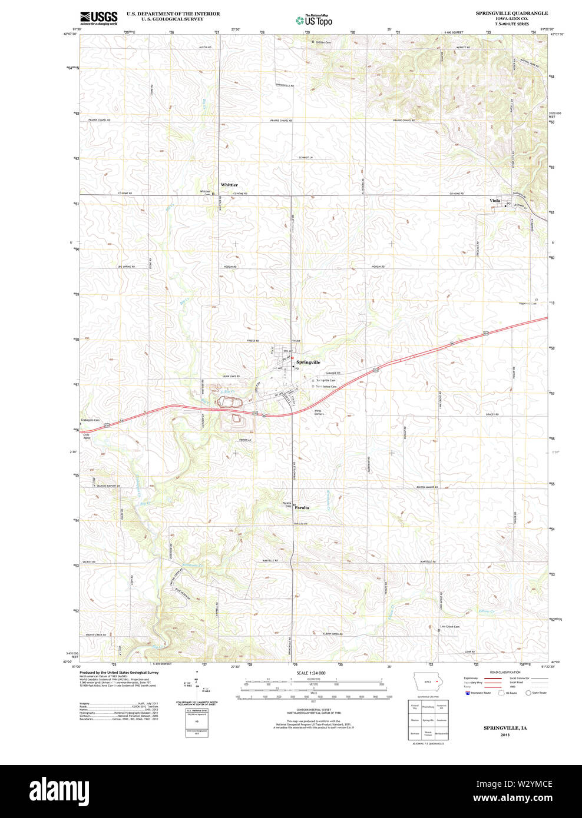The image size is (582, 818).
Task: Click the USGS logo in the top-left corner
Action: click(x=98, y=18)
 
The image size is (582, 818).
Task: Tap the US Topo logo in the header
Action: click(x=315, y=20)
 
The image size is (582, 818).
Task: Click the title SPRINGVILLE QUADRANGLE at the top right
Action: click(x=511, y=13)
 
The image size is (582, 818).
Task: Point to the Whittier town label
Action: click(x=229, y=185)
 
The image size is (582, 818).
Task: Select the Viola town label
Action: click(x=495, y=201)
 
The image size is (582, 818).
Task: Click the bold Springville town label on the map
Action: click(x=308, y=363)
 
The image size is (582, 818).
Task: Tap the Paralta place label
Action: click(x=302, y=507)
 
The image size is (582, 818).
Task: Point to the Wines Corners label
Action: click(x=319, y=413)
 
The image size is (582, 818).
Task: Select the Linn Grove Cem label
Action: click(x=449, y=627)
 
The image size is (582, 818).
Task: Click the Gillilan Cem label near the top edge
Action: click(x=323, y=42)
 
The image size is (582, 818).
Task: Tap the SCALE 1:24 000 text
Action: click(x=312, y=673)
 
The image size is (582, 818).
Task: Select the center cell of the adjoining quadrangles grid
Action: click(x=428, y=720)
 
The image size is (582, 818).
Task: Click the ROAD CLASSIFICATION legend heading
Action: click(x=505, y=672)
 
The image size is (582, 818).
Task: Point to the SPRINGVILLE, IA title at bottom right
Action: click(x=505, y=728)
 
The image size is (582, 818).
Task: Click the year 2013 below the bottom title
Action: click(x=505, y=735)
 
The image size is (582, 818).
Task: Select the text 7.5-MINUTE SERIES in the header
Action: click(x=511, y=24)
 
